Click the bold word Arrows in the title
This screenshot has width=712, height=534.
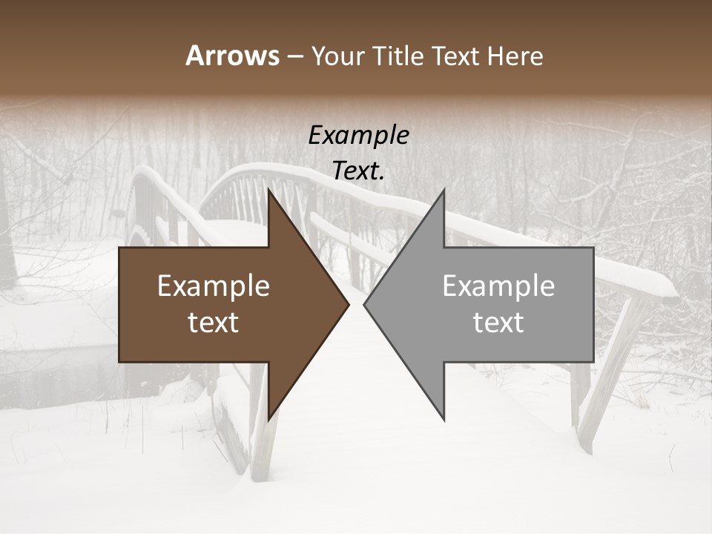[x=233, y=56]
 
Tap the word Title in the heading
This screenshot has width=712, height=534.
[x=398, y=56]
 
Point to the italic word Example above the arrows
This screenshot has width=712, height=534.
[x=358, y=136]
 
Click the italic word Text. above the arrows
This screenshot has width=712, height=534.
[x=358, y=171]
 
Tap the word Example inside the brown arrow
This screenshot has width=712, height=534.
[x=214, y=286]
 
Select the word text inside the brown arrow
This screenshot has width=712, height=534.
[x=214, y=323]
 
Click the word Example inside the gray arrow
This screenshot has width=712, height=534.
[x=498, y=286]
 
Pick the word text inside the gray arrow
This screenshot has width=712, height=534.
[x=498, y=323]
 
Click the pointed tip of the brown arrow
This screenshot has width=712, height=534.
[x=349, y=304]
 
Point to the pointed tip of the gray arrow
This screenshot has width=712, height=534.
[x=364, y=304]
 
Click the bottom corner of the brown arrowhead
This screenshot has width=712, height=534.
[x=268, y=420]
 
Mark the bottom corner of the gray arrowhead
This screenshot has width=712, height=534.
[x=444, y=420]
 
